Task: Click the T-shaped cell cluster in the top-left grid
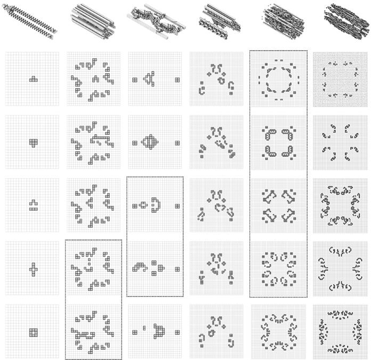pos(33,79)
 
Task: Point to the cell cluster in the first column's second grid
pos(33,142)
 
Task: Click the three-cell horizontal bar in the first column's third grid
pos(33,209)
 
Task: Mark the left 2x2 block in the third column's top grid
pos(134,80)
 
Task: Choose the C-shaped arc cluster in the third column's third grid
pos(156,203)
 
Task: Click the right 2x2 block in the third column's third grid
pos(177,206)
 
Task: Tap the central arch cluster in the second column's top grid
pos(96,79)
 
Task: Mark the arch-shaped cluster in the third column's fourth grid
pos(140,265)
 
